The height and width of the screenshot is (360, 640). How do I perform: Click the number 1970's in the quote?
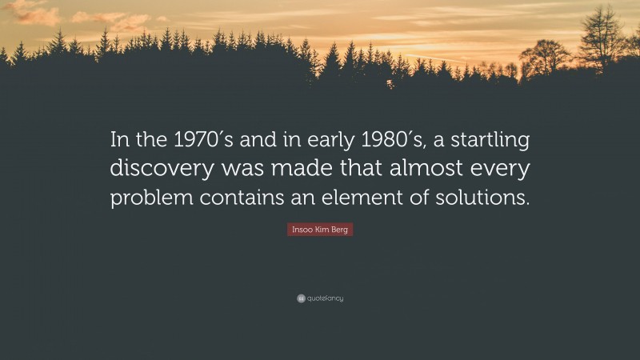(x=191, y=142)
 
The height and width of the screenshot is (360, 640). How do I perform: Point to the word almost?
(x=426, y=170)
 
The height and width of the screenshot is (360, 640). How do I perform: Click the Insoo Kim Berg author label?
(x=320, y=230)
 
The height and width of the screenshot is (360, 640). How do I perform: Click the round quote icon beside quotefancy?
(x=301, y=298)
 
